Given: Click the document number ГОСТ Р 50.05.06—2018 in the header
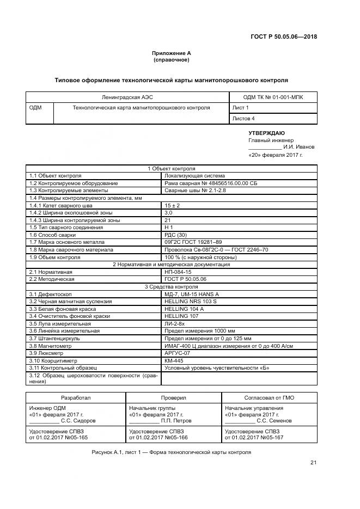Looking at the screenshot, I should click(x=283, y=37).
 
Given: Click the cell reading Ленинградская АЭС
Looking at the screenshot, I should click(x=126, y=97).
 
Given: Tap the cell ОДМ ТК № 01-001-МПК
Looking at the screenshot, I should click(x=273, y=97).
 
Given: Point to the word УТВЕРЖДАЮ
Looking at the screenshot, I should click(x=266, y=133).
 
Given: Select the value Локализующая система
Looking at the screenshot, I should click(x=191, y=176).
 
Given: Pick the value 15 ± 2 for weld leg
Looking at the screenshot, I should click(x=173, y=205).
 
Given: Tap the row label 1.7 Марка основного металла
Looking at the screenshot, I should click(x=68, y=242).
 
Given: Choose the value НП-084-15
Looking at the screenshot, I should click(x=178, y=272).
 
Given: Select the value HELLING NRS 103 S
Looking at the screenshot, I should click(x=190, y=301).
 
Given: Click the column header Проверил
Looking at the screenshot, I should click(x=174, y=398).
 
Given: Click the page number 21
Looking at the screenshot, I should click(x=313, y=463).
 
